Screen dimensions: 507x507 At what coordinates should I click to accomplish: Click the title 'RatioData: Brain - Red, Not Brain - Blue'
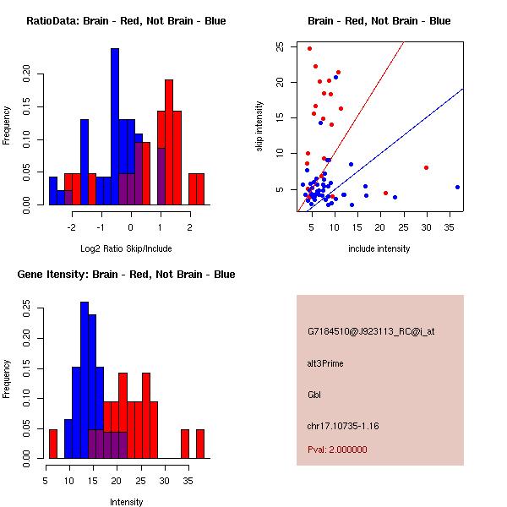[x=126, y=21]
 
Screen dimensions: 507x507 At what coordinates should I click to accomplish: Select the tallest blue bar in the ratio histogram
[x=115, y=127]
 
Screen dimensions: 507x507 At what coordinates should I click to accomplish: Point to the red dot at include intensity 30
[x=426, y=167]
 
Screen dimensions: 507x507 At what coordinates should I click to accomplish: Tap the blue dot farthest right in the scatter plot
[x=457, y=187]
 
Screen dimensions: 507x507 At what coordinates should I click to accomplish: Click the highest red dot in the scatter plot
[x=309, y=48]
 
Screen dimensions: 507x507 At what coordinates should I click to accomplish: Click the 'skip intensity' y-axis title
[x=259, y=127]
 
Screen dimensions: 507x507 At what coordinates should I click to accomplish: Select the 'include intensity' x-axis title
[x=380, y=248]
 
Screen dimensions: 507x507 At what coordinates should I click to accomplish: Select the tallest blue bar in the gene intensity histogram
[x=84, y=380]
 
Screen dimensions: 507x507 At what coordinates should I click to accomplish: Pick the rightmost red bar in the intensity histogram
[x=200, y=444]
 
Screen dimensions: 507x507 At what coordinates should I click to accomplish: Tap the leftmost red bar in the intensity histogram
[x=53, y=444]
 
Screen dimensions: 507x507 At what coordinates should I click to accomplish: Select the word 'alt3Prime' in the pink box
[x=326, y=363]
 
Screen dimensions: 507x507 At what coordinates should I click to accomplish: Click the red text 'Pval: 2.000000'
[x=337, y=450]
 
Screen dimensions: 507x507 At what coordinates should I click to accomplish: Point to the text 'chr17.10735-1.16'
[x=343, y=426]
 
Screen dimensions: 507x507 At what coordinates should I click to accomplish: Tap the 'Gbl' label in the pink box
[x=314, y=395]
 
